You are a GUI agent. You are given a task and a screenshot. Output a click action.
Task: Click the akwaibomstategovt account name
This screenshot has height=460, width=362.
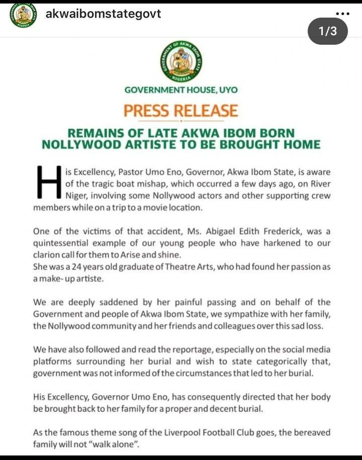pos(103,14)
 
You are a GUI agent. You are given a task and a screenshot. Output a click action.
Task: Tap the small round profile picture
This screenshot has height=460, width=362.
pos(23,15)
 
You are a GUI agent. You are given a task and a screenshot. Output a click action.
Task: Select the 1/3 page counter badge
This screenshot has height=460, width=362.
pos(327,31)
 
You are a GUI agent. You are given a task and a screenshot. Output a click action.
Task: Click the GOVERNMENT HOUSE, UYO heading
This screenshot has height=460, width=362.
pos(181,90)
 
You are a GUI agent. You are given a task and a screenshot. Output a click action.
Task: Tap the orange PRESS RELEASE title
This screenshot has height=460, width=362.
pos(181,110)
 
